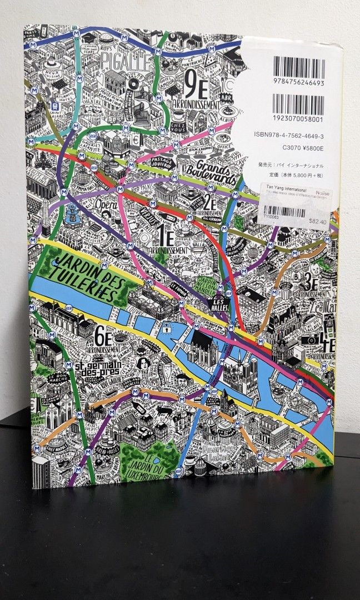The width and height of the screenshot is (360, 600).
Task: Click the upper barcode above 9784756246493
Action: (x=298, y=67)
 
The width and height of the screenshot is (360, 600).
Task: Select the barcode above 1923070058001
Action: (x=298, y=105)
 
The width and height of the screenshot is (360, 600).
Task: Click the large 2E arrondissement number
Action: (x=209, y=202)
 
